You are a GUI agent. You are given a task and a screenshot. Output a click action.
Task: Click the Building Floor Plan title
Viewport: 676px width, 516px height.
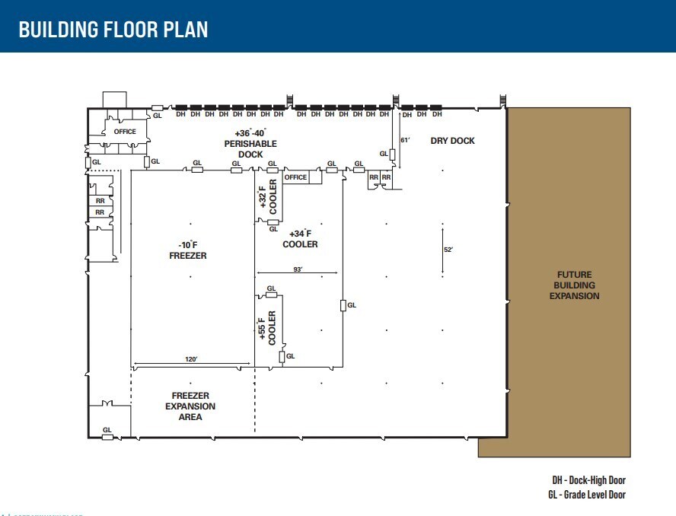pyautogui.click(x=113, y=30)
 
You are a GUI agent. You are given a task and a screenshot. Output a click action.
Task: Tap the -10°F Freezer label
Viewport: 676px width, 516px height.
pyautogui.click(x=187, y=250)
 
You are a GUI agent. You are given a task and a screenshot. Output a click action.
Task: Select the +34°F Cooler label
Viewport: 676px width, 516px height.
pyautogui.click(x=300, y=239)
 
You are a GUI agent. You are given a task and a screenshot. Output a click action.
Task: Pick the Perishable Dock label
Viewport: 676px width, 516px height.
pyautogui.click(x=250, y=143)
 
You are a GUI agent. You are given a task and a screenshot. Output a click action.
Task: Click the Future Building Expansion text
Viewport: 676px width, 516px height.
pyautogui.click(x=574, y=285)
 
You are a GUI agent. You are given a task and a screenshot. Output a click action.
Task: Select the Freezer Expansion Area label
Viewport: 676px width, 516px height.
pyautogui.click(x=190, y=406)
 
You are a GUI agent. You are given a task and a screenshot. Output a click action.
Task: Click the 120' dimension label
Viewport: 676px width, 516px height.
pyautogui.click(x=190, y=359)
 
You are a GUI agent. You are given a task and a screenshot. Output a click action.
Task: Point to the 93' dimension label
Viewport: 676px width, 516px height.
pyautogui.click(x=298, y=269)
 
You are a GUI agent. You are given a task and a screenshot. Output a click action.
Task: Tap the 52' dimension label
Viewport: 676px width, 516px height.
pyautogui.click(x=448, y=250)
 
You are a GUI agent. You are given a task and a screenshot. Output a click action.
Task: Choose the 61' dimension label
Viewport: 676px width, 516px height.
pyautogui.click(x=406, y=141)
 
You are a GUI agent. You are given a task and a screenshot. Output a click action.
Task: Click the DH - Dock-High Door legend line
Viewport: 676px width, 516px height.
pyautogui.click(x=588, y=480)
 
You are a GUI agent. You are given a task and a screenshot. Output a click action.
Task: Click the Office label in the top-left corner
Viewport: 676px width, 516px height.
pyautogui.click(x=125, y=132)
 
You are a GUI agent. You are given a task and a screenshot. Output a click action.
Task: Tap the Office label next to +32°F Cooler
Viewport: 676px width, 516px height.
pyautogui.click(x=295, y=177)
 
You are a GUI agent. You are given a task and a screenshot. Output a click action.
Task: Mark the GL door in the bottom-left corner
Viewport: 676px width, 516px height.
pyautogui.click(x=107, y=434)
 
